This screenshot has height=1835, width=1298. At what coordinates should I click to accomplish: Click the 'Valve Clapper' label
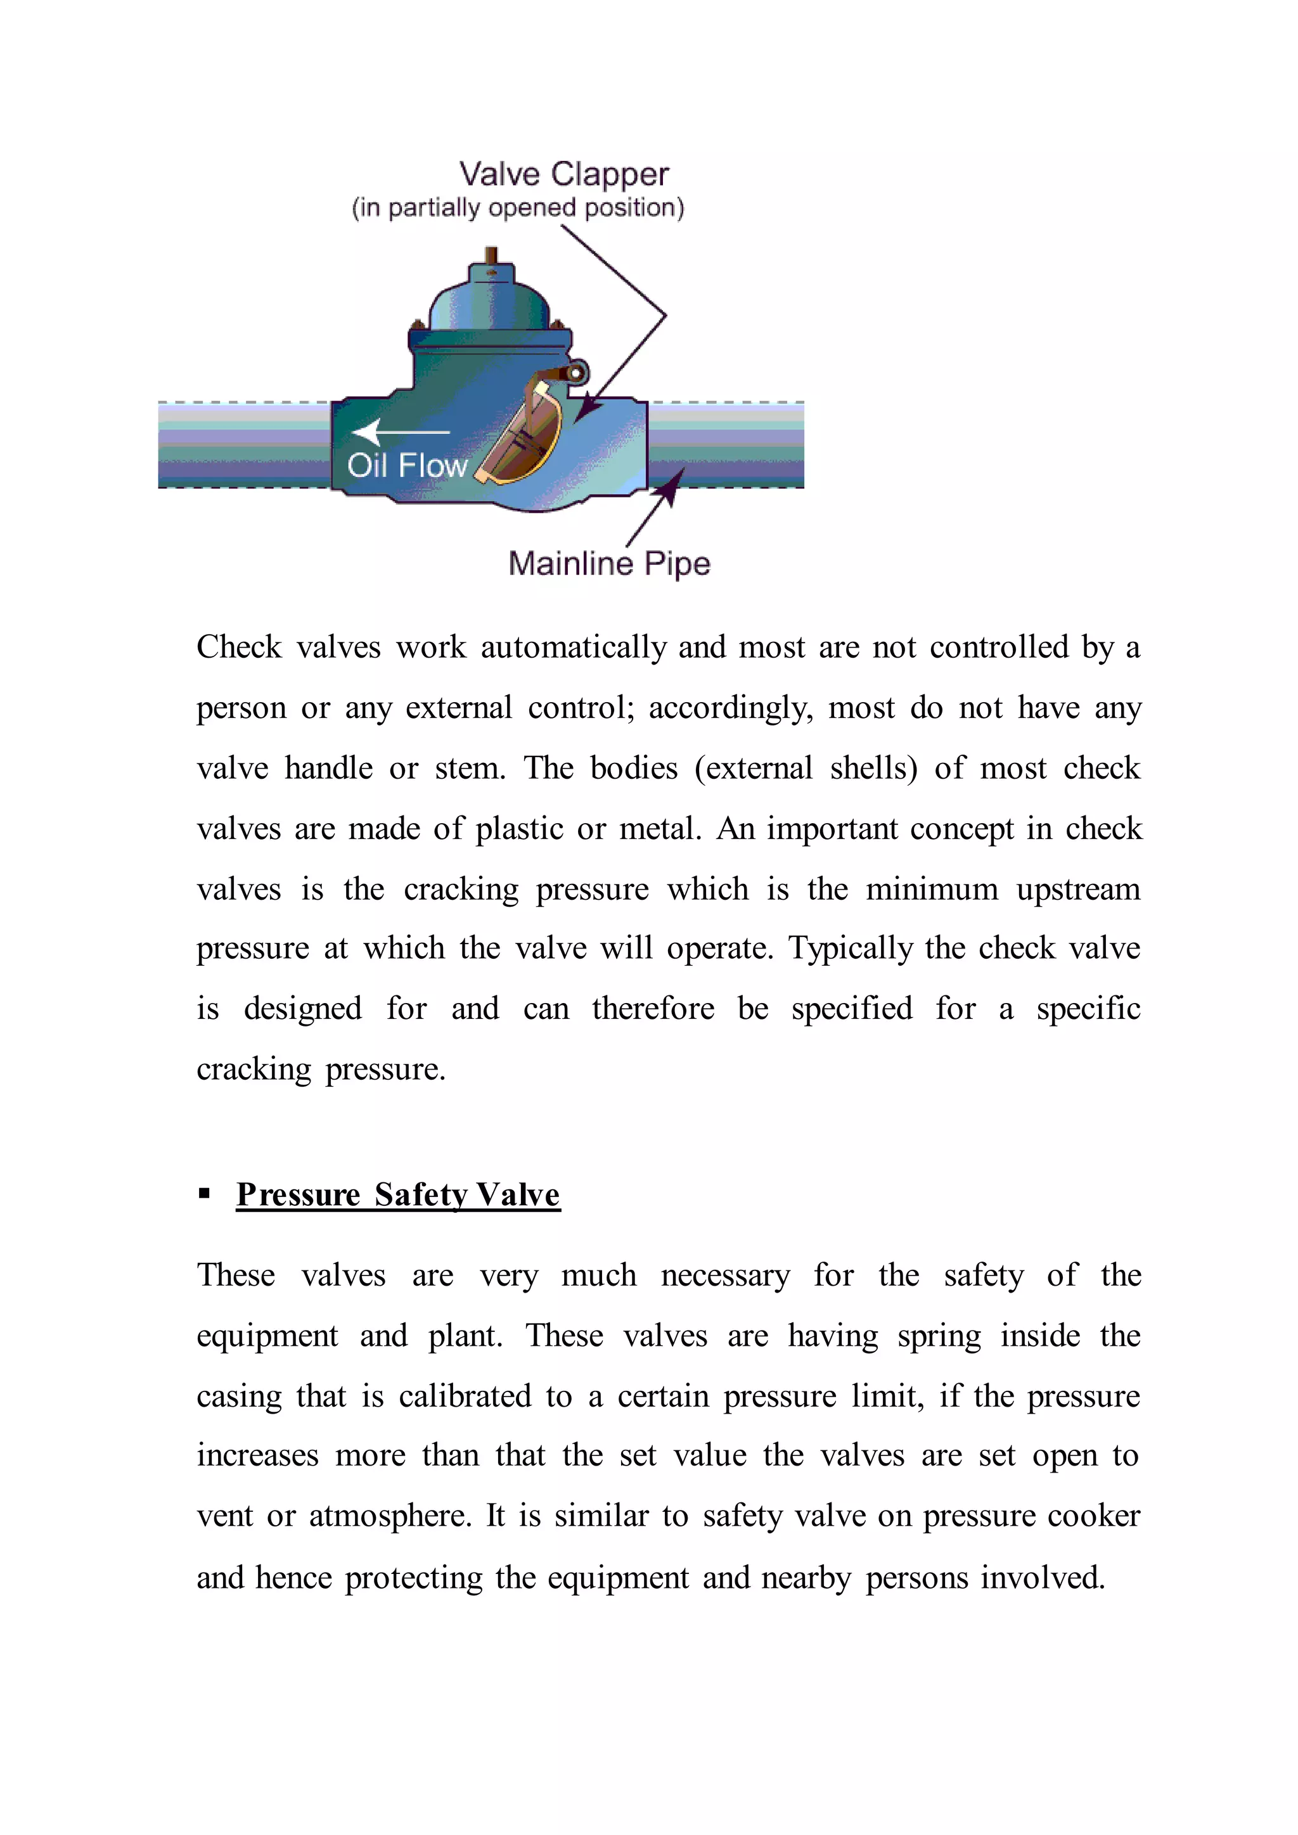coord(563,174)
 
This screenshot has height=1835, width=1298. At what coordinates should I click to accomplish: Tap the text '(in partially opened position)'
coord(518,208)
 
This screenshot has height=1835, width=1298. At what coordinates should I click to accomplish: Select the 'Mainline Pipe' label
coord(609,563)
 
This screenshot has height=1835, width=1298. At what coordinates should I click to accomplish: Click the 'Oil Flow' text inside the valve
coord(407,465)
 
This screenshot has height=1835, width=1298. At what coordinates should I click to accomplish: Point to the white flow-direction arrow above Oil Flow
coord(400,432)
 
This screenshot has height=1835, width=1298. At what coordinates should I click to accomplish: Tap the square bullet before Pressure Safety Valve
coord(205,1194)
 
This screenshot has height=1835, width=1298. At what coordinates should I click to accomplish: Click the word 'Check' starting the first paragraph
coord(239,648)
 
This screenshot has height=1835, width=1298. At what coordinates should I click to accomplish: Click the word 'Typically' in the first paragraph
coord(851,949)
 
